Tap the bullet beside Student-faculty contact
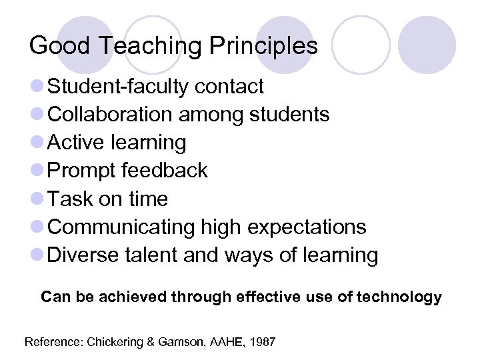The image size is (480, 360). point(38,87)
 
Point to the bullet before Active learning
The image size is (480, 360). point(38,143)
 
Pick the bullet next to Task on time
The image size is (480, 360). point(38,199)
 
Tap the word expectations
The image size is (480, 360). point(307,227)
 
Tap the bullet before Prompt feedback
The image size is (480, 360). point(38,171)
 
